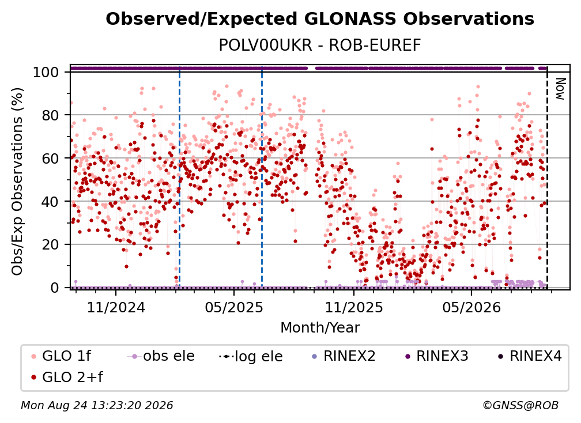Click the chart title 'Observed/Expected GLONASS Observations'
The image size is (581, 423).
coord(320,19)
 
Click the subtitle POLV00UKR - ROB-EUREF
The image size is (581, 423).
coord(320,46)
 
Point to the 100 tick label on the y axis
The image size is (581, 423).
coord(46,72)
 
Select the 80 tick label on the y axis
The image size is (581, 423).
coord(50,115)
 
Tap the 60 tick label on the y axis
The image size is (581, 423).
coord(50,158)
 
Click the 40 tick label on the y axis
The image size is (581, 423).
coord(50,202)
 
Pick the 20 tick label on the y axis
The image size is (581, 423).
coord(50,245)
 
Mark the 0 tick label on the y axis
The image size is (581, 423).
coord(55,288)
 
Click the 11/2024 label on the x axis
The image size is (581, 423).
coord(116,307)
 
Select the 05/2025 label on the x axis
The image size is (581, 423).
coord(234,307)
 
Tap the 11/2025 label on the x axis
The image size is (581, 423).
coord(354,307)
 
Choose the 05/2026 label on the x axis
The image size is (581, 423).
coord(471,307)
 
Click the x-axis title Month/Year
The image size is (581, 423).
coord(320,328)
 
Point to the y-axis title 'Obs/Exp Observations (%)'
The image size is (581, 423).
coord(17,182)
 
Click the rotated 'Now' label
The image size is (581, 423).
coord(560,89)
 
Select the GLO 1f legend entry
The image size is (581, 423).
coord(61,356)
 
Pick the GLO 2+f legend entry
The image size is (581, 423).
coord(67,377)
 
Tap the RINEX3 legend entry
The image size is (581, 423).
coord(437,356)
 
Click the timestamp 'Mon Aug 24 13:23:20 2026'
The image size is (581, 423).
coord(97,406)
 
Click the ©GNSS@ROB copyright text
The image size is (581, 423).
coord(520,406)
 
